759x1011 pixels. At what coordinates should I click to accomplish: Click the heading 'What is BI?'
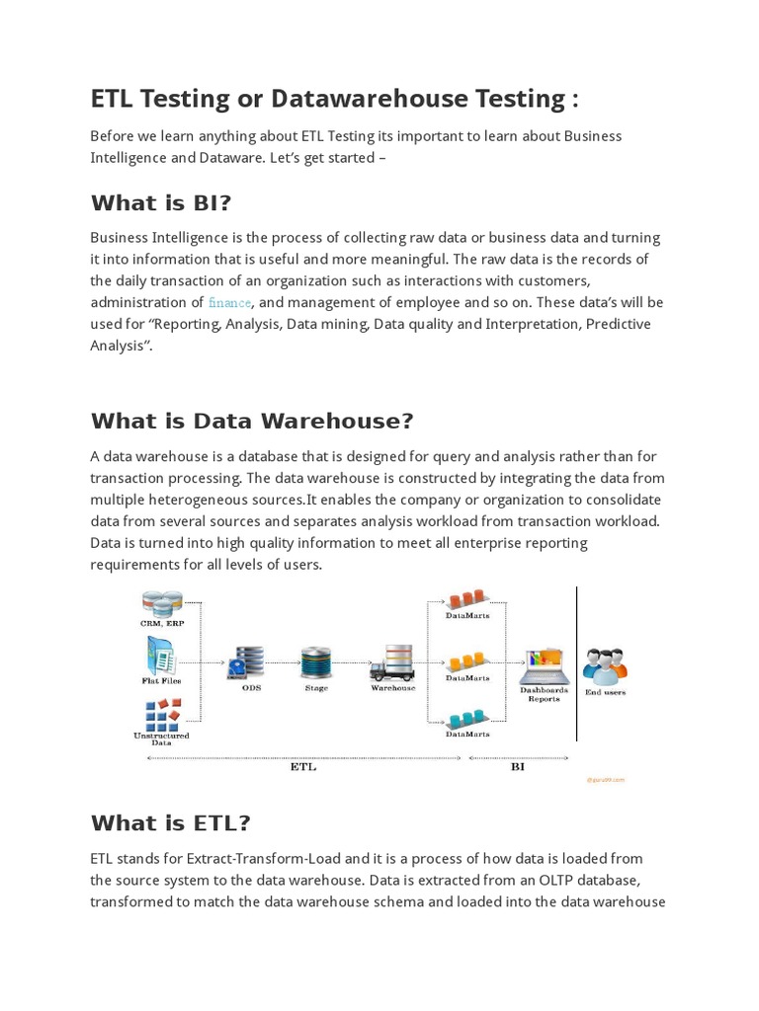(161, 203)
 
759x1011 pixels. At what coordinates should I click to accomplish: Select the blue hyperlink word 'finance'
(229, 302)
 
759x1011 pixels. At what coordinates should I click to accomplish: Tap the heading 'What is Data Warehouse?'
(252, 422)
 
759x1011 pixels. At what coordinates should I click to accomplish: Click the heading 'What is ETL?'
(171, 823)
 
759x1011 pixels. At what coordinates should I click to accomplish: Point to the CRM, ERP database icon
(162, 603)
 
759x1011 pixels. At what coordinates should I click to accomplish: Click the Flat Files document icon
(161, 655)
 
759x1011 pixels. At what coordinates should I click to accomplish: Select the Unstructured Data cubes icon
(161, 713)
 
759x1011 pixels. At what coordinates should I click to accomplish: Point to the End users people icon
(604, 666)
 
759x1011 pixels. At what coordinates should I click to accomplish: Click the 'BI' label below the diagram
(517, 766)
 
